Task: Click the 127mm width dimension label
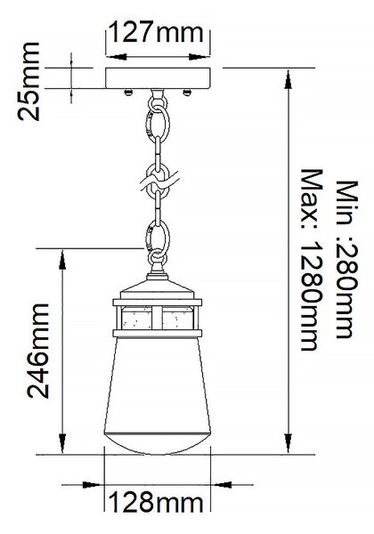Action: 157,32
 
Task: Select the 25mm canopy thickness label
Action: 28,81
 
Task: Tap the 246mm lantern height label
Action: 38,351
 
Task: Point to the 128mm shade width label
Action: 156,502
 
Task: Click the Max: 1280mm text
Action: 312,260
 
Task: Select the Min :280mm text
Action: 347,260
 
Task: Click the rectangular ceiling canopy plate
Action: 158,78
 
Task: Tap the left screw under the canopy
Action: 128,92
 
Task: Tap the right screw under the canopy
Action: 187,92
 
